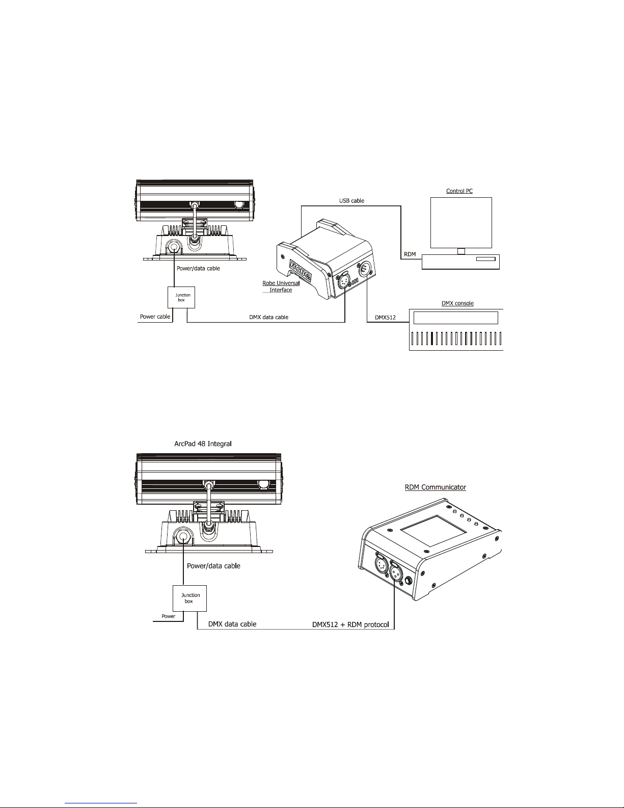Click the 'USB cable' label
[x=351, y=201]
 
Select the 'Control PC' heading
[x=459, y=191]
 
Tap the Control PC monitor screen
[x=460, y=222]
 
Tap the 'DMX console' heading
[x=456, y=303]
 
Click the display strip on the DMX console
[x=455, y=318]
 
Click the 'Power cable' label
[x=155, y=317]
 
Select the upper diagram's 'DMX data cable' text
[x=268, y=317]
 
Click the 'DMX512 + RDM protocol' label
[x=354, y=624]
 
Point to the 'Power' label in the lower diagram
[x=169, y=616]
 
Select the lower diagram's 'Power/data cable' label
[x=213, y=565]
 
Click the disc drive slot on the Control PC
[x=485, y=259]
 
